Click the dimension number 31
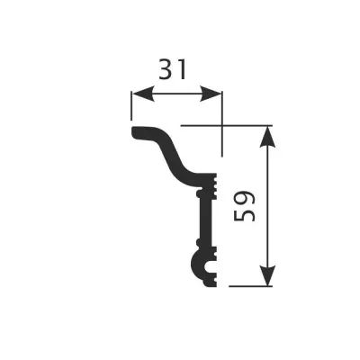pos(176,68)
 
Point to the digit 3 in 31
pos(166,68)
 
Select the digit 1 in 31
pos(187,68)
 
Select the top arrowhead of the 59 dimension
pos(267,134)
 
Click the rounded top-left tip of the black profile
pos(135,133)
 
